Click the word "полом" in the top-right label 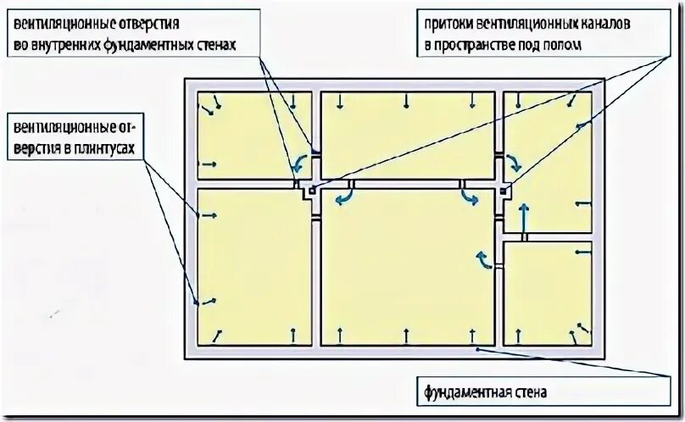pyautogui.click(x=563, y=44)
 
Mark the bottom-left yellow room pyautogui.click(x=252, y=267)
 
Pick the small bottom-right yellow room pyautogui.click(x=547, y=292)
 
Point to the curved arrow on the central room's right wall pyautogui.click(x=484, y=259)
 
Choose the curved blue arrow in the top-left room pyautogui.click(x=299, y=163)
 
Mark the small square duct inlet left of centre pyautogui.click(x=311, y=191)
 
